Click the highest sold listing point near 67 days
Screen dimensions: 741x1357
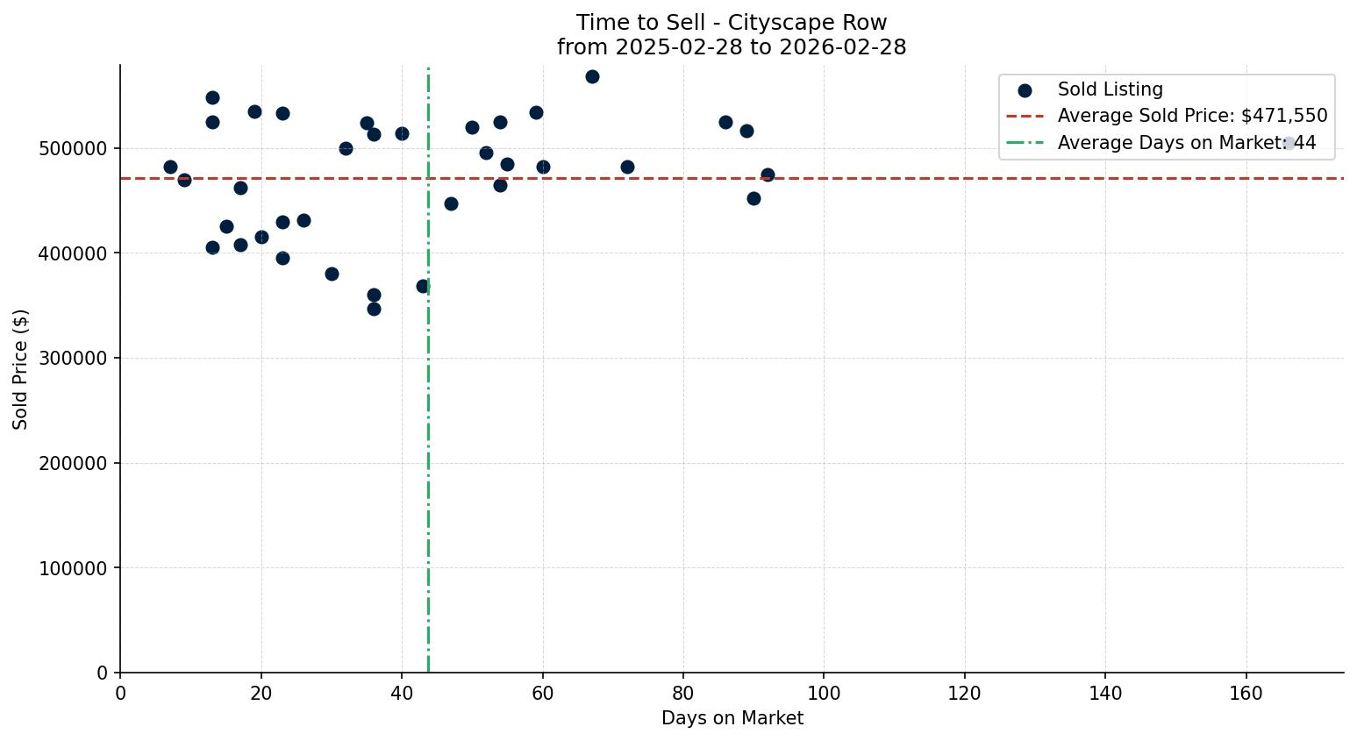pos(592,77)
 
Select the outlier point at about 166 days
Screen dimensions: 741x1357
pos(1289,143)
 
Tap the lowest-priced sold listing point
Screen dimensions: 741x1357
pos(374,309)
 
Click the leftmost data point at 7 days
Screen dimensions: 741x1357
pos(170,167)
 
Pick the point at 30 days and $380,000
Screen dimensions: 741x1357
pos(332,274)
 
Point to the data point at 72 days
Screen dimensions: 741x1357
pos(627,167)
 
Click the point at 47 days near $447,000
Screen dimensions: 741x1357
pos(451,203)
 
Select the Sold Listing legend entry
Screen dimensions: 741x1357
pos(1110,89)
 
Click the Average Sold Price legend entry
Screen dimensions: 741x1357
pos(1192,116)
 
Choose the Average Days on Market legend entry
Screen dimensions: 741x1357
pos(1186,143)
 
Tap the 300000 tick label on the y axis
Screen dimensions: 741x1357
pos(74,359)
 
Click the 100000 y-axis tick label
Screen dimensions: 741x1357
pos(74,568)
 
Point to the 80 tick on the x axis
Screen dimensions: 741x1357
pos(683,694)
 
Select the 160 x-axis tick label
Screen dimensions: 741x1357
pos(1246,694)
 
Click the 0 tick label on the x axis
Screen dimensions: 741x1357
pos(120,694)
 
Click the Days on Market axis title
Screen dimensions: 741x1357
pos(732,718)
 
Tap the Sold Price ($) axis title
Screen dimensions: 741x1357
pos(21,369)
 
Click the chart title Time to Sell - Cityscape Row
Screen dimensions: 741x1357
pos(731,23)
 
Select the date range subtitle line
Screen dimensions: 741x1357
pos(731,47)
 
